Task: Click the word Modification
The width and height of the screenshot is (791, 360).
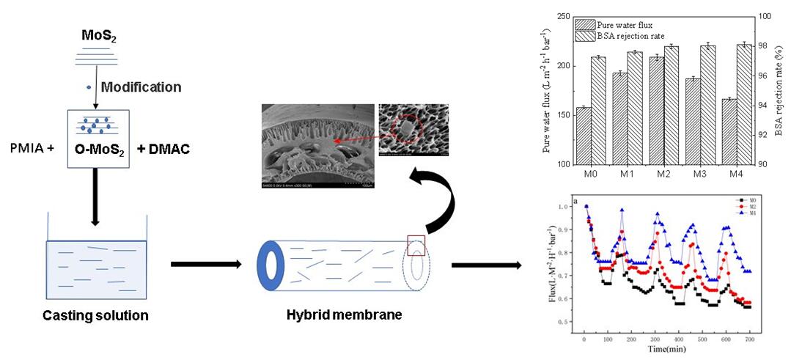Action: (x=141, y=87)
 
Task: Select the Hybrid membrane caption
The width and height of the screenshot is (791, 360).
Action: (x=345, y=315)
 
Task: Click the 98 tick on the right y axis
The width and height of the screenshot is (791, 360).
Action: (x=765, y=46)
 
